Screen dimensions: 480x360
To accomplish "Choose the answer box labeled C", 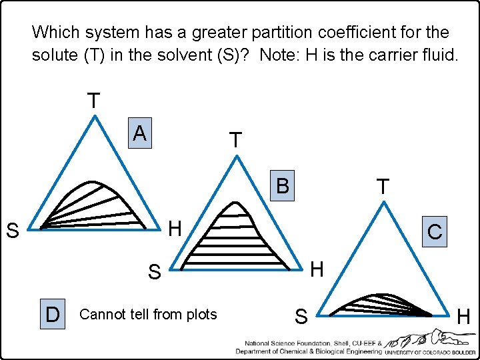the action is pyautogui.click(x=435, y=232).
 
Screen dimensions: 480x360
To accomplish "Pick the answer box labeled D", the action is pyautogui.click(x=52, y=313).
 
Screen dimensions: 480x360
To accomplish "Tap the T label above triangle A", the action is pyautogui.click(x=94, y=101).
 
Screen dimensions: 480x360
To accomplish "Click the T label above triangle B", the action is pyautogui.click(x=235, y=140).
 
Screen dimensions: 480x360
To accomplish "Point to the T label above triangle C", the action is pyautogui.click(x=383, y=187).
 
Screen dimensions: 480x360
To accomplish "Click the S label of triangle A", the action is pyautogui.click(x=12, y=232).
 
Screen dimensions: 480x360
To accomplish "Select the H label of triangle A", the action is pyautogui.click(x=175, y=229).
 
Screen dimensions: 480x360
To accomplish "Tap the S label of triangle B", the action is pyautogui.click(x=154, y=272).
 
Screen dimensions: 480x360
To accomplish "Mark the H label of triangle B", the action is pyautogui.click(x=317, y=269).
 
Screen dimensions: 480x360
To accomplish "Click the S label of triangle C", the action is pyautogui.click(x=301, y=317).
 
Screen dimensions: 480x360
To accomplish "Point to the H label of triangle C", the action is pyautogui.click(x=464, y=317).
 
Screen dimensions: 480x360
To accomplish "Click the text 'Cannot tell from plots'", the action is pyautogui.click(x=148, y=314).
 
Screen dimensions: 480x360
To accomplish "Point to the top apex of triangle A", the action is pyautogui.click(x=95, y=116).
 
